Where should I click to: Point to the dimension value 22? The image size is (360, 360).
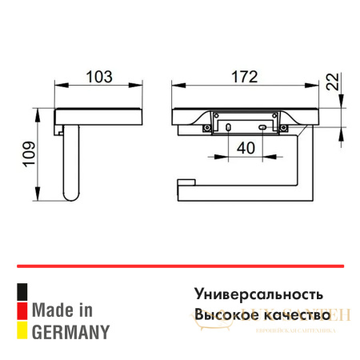click(x=334, y=82)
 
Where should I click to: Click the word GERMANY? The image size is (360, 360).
click(x=70, y=330)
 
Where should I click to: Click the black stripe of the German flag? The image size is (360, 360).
click(x=22, y=290)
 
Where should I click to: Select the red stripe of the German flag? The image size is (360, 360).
click(x=22, y=309)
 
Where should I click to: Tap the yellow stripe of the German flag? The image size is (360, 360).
click(x=22, y=328)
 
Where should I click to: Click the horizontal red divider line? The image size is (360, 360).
click(x=180, y=265)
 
